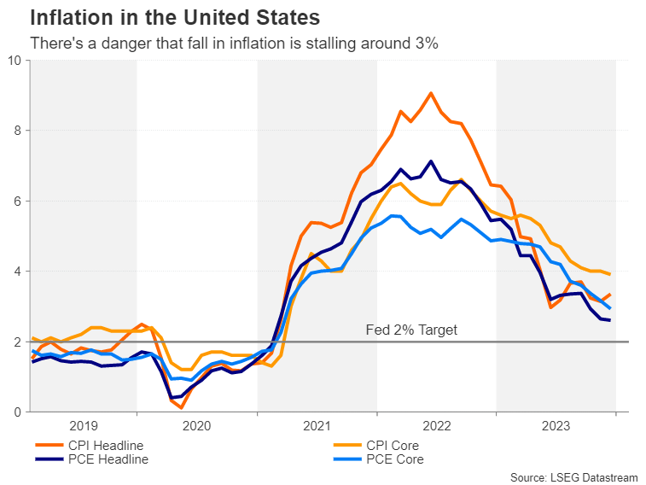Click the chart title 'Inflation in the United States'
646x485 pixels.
pyautogui.click(x=175, y=18)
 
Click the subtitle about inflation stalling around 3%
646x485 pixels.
pyautogui.click(x=234, y=44)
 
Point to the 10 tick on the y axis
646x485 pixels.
pyautogui.click(x=15, y=60)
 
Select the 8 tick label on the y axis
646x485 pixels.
pyautogui.click(x=17, y=131)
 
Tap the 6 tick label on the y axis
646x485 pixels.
pyautogui.click(x=17, y=202)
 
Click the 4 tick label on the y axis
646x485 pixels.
pyautogui.click(x=17, y=272)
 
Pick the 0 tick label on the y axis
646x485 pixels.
pyautogui.click(x=17, y=412)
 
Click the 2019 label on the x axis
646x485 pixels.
pyautogui.click(x=84, y=426)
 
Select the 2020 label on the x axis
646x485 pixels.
pyautogui.click(x=196, y=426)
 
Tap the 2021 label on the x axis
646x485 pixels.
pyautogui.click(x=317, y=426)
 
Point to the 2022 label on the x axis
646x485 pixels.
pyautogui.click(x=437, y=426)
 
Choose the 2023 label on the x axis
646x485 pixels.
pyautogui.click(x=556, y=426)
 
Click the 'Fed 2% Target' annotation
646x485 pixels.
pyautogui.click(x=411, y=330)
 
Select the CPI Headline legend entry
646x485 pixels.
pyautogui.click(x=90, y=446)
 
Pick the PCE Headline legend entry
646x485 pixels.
pyautogui.click(x=92, y=459)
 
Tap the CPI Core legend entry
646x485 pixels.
pyautogui.click(x=376, y=446)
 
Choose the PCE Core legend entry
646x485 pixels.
pyautogui.click(x=379, y=459)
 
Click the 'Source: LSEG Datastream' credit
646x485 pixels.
pyautogui.click(x=574, y=477)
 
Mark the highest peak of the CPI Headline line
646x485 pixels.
pyautogui.click(x=431, y=94)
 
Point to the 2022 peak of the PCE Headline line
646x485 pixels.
pyautogui.click(x=431, y=161)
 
